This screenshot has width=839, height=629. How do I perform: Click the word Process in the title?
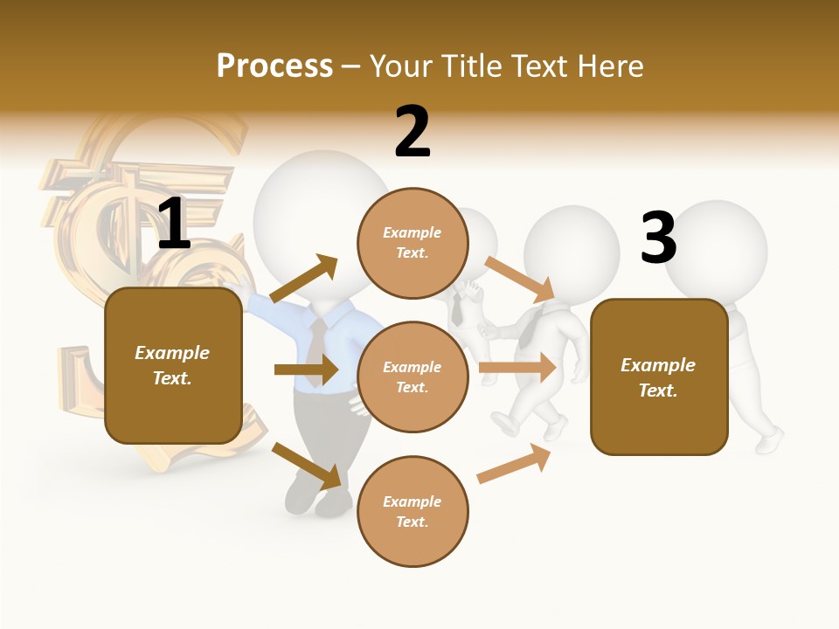274,66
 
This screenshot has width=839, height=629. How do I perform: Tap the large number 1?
174,225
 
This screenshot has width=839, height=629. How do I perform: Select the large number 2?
413,132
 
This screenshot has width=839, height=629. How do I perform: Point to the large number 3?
658,238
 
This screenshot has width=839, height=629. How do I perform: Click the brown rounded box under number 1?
173,365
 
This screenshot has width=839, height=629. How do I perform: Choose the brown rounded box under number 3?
659,377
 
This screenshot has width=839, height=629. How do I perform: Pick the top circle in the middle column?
413,242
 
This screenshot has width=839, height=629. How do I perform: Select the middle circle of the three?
413,377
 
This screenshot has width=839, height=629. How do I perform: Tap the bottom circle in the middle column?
413,511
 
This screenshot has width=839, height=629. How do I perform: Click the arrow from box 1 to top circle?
304,279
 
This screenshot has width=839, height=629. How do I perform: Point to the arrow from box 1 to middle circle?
306,370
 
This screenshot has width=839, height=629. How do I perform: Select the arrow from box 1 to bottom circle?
307,465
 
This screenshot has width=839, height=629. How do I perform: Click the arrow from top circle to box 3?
520,279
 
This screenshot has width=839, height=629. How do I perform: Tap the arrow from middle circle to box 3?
517,368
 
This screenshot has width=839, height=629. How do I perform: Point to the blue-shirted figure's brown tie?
316,341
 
